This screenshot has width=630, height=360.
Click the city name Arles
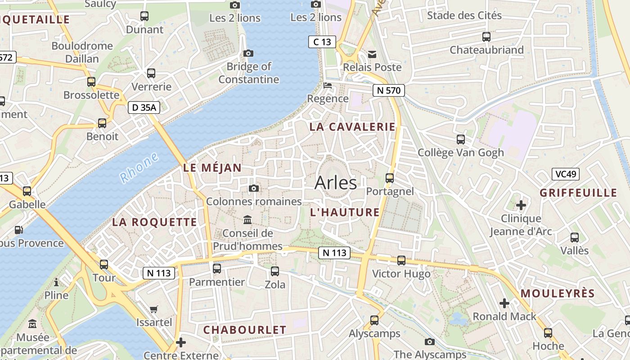pos(336,183)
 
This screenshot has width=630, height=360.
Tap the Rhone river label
pos(139,167)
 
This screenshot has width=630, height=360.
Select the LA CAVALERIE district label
pos(352,127)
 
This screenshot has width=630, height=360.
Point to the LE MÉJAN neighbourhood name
pos(212,168)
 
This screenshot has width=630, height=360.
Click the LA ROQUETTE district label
pos(154,222)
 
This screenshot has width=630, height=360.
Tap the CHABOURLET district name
pos(245,330)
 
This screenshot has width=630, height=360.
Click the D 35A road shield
pos(144,108)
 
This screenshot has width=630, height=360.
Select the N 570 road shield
pos(389,90)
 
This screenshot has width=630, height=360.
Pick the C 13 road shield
pos(322,42)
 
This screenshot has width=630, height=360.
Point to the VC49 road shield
pos(566,174)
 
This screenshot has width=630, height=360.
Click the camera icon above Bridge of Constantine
pos(248,54)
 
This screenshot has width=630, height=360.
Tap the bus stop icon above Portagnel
pos(390,178)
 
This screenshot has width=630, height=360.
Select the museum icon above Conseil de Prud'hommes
pos(247,220)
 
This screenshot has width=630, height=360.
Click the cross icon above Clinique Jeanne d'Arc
pos(521,206)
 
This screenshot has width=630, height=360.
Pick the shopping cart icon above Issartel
pos(154,309)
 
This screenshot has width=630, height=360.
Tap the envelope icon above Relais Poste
pos(372,54)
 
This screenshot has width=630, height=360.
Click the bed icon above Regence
pos(328,85)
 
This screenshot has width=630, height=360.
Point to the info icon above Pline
pos(56,282)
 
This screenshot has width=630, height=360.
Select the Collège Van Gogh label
pos(461,153)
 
